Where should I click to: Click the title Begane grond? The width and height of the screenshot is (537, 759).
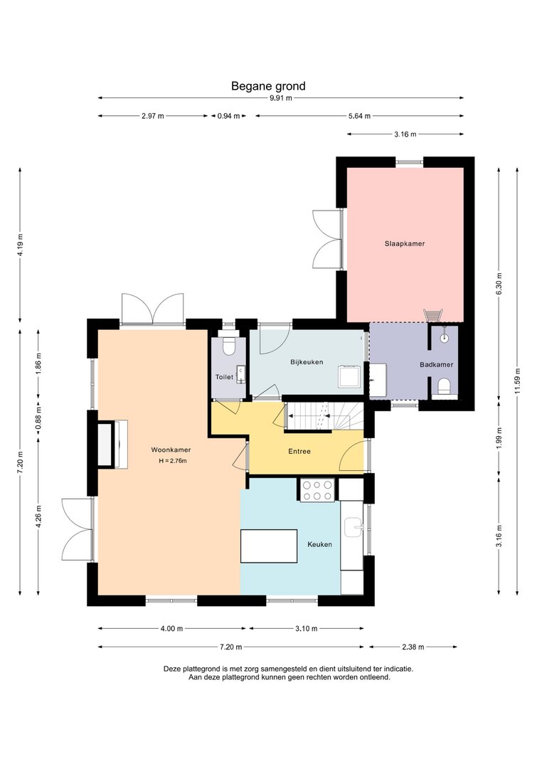tap(269, 86)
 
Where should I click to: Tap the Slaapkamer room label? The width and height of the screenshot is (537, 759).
tap(405, 243)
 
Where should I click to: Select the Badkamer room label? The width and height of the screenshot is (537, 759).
tap(437, 364)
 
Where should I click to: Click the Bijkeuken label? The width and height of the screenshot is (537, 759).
tap(307, 362)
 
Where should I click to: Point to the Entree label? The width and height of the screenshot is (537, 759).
tap(299, 451)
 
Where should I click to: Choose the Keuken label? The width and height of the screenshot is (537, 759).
tap(320, 544)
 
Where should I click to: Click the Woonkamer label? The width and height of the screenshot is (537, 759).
tap(171, 449)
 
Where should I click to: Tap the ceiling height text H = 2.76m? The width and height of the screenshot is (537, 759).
tap(173, 461)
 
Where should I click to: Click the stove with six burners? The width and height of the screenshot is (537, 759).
tap(317, 490)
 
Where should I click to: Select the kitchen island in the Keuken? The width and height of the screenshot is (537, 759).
tap(269, 546)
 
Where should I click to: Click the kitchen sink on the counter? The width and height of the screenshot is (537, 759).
tap(353, 527)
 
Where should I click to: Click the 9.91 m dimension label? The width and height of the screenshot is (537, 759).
tap(281, 98)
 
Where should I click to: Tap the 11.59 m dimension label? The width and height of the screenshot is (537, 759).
tap(518, 381)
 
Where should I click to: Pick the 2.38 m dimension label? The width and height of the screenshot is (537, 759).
tap(413, 647)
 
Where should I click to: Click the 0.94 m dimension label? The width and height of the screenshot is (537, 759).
tap(228, 116)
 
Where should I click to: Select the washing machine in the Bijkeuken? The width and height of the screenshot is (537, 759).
tap(350, 376)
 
